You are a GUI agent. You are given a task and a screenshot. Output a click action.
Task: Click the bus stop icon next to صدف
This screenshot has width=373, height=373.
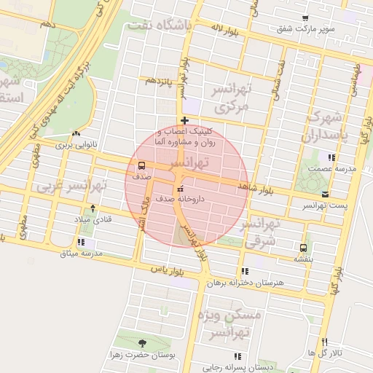click(141, 165)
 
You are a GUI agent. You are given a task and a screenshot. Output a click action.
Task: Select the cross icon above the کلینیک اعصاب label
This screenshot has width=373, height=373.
click(185, 120)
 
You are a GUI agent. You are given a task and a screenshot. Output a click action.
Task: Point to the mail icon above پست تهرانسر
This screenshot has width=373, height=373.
click(325, 194)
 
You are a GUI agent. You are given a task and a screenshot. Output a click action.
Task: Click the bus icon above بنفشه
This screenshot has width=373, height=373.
click(303, 247)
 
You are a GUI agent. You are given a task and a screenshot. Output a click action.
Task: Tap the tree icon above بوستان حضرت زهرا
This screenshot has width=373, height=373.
click(142, 342)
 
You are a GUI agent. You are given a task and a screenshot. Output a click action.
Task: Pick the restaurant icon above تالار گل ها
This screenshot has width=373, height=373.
click(325, 342)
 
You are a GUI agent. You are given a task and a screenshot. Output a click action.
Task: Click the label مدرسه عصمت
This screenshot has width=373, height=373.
click(331, 168)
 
